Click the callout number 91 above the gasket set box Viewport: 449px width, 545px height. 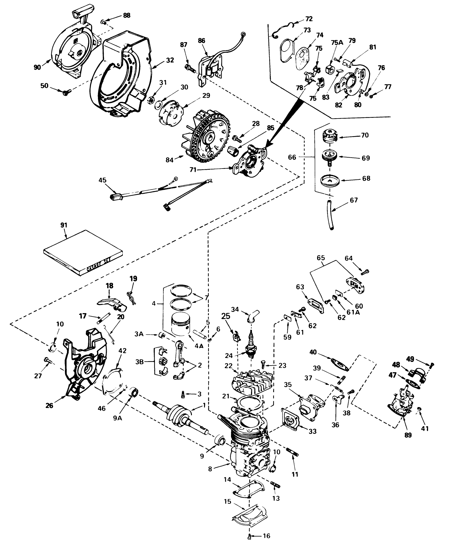(x=65, y=225)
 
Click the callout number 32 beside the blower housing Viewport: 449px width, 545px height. (x=170, y=60)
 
